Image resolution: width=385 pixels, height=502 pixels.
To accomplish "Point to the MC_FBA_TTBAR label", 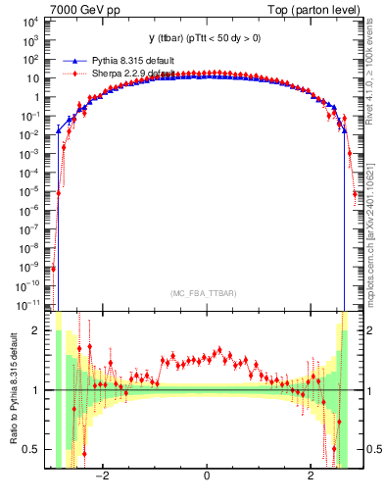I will coord(206,293).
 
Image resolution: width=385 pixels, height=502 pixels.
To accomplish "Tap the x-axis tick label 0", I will coord(207,477).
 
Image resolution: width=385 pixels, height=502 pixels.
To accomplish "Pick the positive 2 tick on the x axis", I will coord(311,477).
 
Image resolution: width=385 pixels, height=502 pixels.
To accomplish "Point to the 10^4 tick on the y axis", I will coord(30,22).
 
